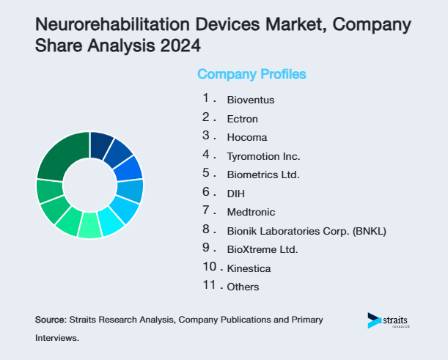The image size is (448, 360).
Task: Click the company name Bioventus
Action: pyautogui.click(x=251, y=99)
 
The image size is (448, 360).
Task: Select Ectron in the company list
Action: pyautogui.click(x=242, y=118)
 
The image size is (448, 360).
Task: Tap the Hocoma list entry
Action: pyautogui.click(x=246, y=137)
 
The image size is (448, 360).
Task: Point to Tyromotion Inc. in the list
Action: pyautogui.click(x=263, y=156)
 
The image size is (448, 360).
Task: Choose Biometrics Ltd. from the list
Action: pyautogui.click(x=263, y=175)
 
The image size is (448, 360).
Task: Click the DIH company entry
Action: pyautogui.click(x=235, y=194)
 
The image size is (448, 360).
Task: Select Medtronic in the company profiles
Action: pyautogui.click(x=251, y=212)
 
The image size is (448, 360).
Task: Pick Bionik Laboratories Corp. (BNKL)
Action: pyautogui.click(x=306, y=231)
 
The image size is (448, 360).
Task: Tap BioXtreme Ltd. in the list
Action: pyautogui.click(x=262, y=249)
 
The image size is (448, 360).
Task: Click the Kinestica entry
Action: pyautogui.click(x=249, y=268)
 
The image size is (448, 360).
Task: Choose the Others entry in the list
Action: pyautogui.click(x=243, y=287)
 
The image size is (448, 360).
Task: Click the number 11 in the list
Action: pyautogui.click(x=208, y=285)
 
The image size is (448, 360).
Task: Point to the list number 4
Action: pyautogui.click(x=207, y=154)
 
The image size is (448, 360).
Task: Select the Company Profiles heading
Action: pyautogui.click(x=251, y=74)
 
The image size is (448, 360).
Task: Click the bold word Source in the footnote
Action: pyautogui.click(x=50, y=320)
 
